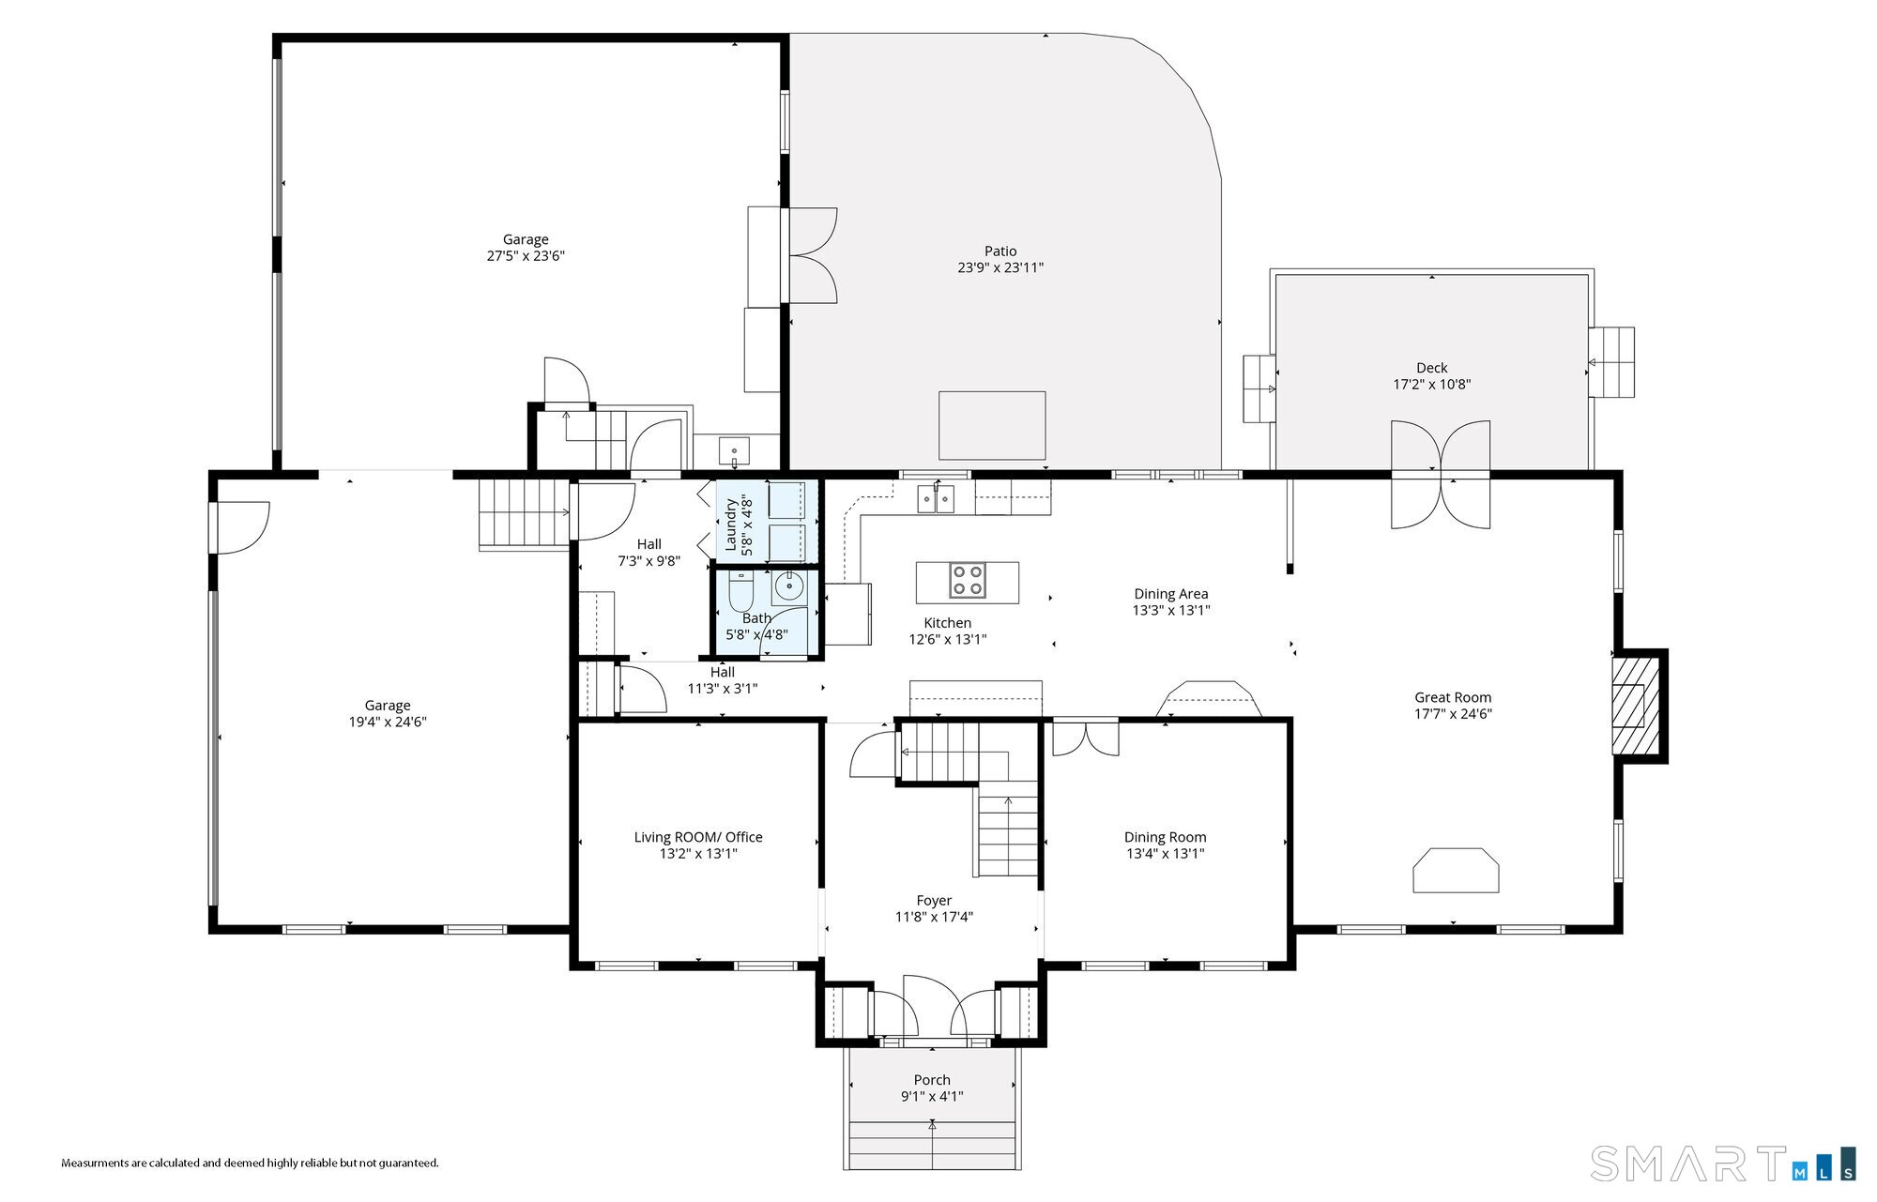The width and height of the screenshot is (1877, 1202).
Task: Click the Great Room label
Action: point(1453,697)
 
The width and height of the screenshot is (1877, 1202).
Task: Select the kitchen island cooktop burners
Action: point(968,581)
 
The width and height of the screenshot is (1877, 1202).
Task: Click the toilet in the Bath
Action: point(741,588)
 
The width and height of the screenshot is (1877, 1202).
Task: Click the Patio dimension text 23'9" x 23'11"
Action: point(1000,267)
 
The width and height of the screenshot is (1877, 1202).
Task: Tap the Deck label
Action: point(1432,368)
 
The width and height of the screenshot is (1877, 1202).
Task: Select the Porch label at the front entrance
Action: point(932,1080)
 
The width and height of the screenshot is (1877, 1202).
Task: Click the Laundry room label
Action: point(731,525)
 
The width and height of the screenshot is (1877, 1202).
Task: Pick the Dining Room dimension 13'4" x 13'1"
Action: point(1165,854)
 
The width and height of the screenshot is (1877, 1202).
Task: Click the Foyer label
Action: point(934,901)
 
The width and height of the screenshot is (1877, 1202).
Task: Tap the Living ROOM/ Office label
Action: point(698,837)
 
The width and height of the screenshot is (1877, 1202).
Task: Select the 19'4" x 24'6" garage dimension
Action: point(388,722)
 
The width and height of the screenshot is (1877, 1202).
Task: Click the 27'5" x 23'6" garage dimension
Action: point(526,255)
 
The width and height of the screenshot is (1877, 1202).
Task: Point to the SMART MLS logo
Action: point(1723,1164)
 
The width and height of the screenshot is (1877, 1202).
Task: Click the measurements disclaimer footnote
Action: point(250,1164)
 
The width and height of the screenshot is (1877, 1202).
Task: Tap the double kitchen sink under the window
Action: point(937,499)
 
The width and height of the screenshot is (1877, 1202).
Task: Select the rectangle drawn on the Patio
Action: point(992,425)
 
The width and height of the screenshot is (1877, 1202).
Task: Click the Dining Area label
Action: point(1171,594)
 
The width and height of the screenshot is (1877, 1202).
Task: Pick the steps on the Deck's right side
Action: point(1611,362)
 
